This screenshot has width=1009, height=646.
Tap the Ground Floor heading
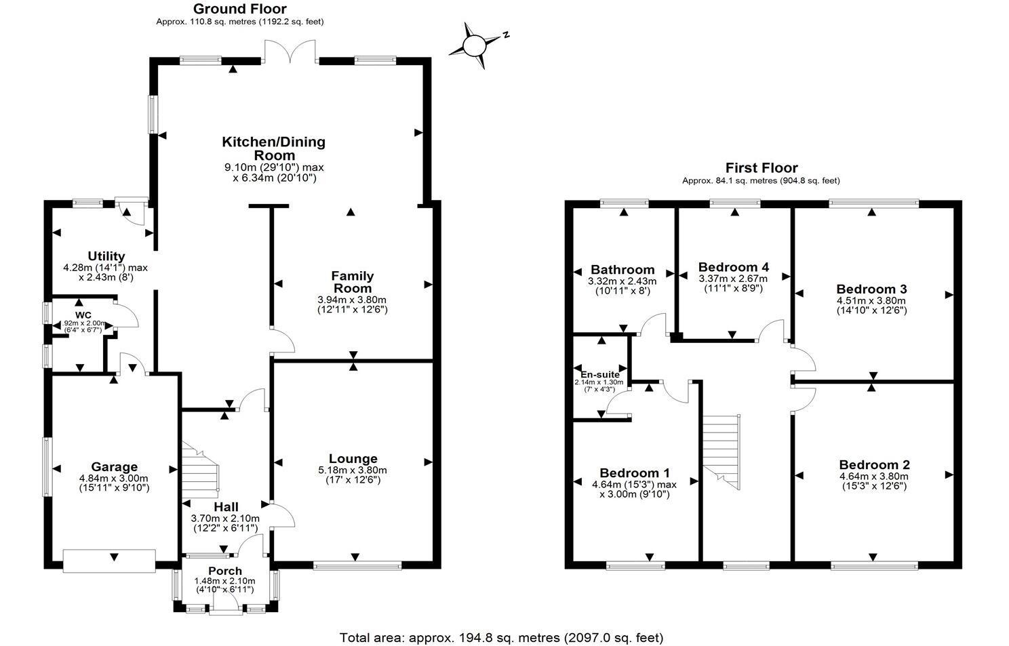[x=239, y=9]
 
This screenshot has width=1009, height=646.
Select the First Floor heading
[x=761, y=167]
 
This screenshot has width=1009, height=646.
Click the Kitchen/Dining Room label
[x=274, y=148]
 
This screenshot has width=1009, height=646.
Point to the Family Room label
[x=352, y=282]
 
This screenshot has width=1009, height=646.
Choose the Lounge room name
[x=353, y=459]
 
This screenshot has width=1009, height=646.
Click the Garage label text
[x=115, y=466]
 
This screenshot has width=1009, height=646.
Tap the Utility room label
[x=106, y=256]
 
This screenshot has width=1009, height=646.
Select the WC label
[x=83, y=315]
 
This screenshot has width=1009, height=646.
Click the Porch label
[x=225, y=571]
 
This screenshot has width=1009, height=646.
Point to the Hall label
[x=226, y=507]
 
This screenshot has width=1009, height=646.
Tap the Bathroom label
[x=622, y=270]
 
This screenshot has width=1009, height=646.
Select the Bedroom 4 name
[x=734, y=267]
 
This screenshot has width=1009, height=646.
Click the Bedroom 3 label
[x=871, y=289]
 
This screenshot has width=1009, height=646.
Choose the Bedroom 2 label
[x=874, y=465]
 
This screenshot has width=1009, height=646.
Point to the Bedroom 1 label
[x=635, y=473]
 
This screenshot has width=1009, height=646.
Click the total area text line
[x=501, y=637]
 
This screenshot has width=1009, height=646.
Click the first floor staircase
[x=720, y=448]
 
